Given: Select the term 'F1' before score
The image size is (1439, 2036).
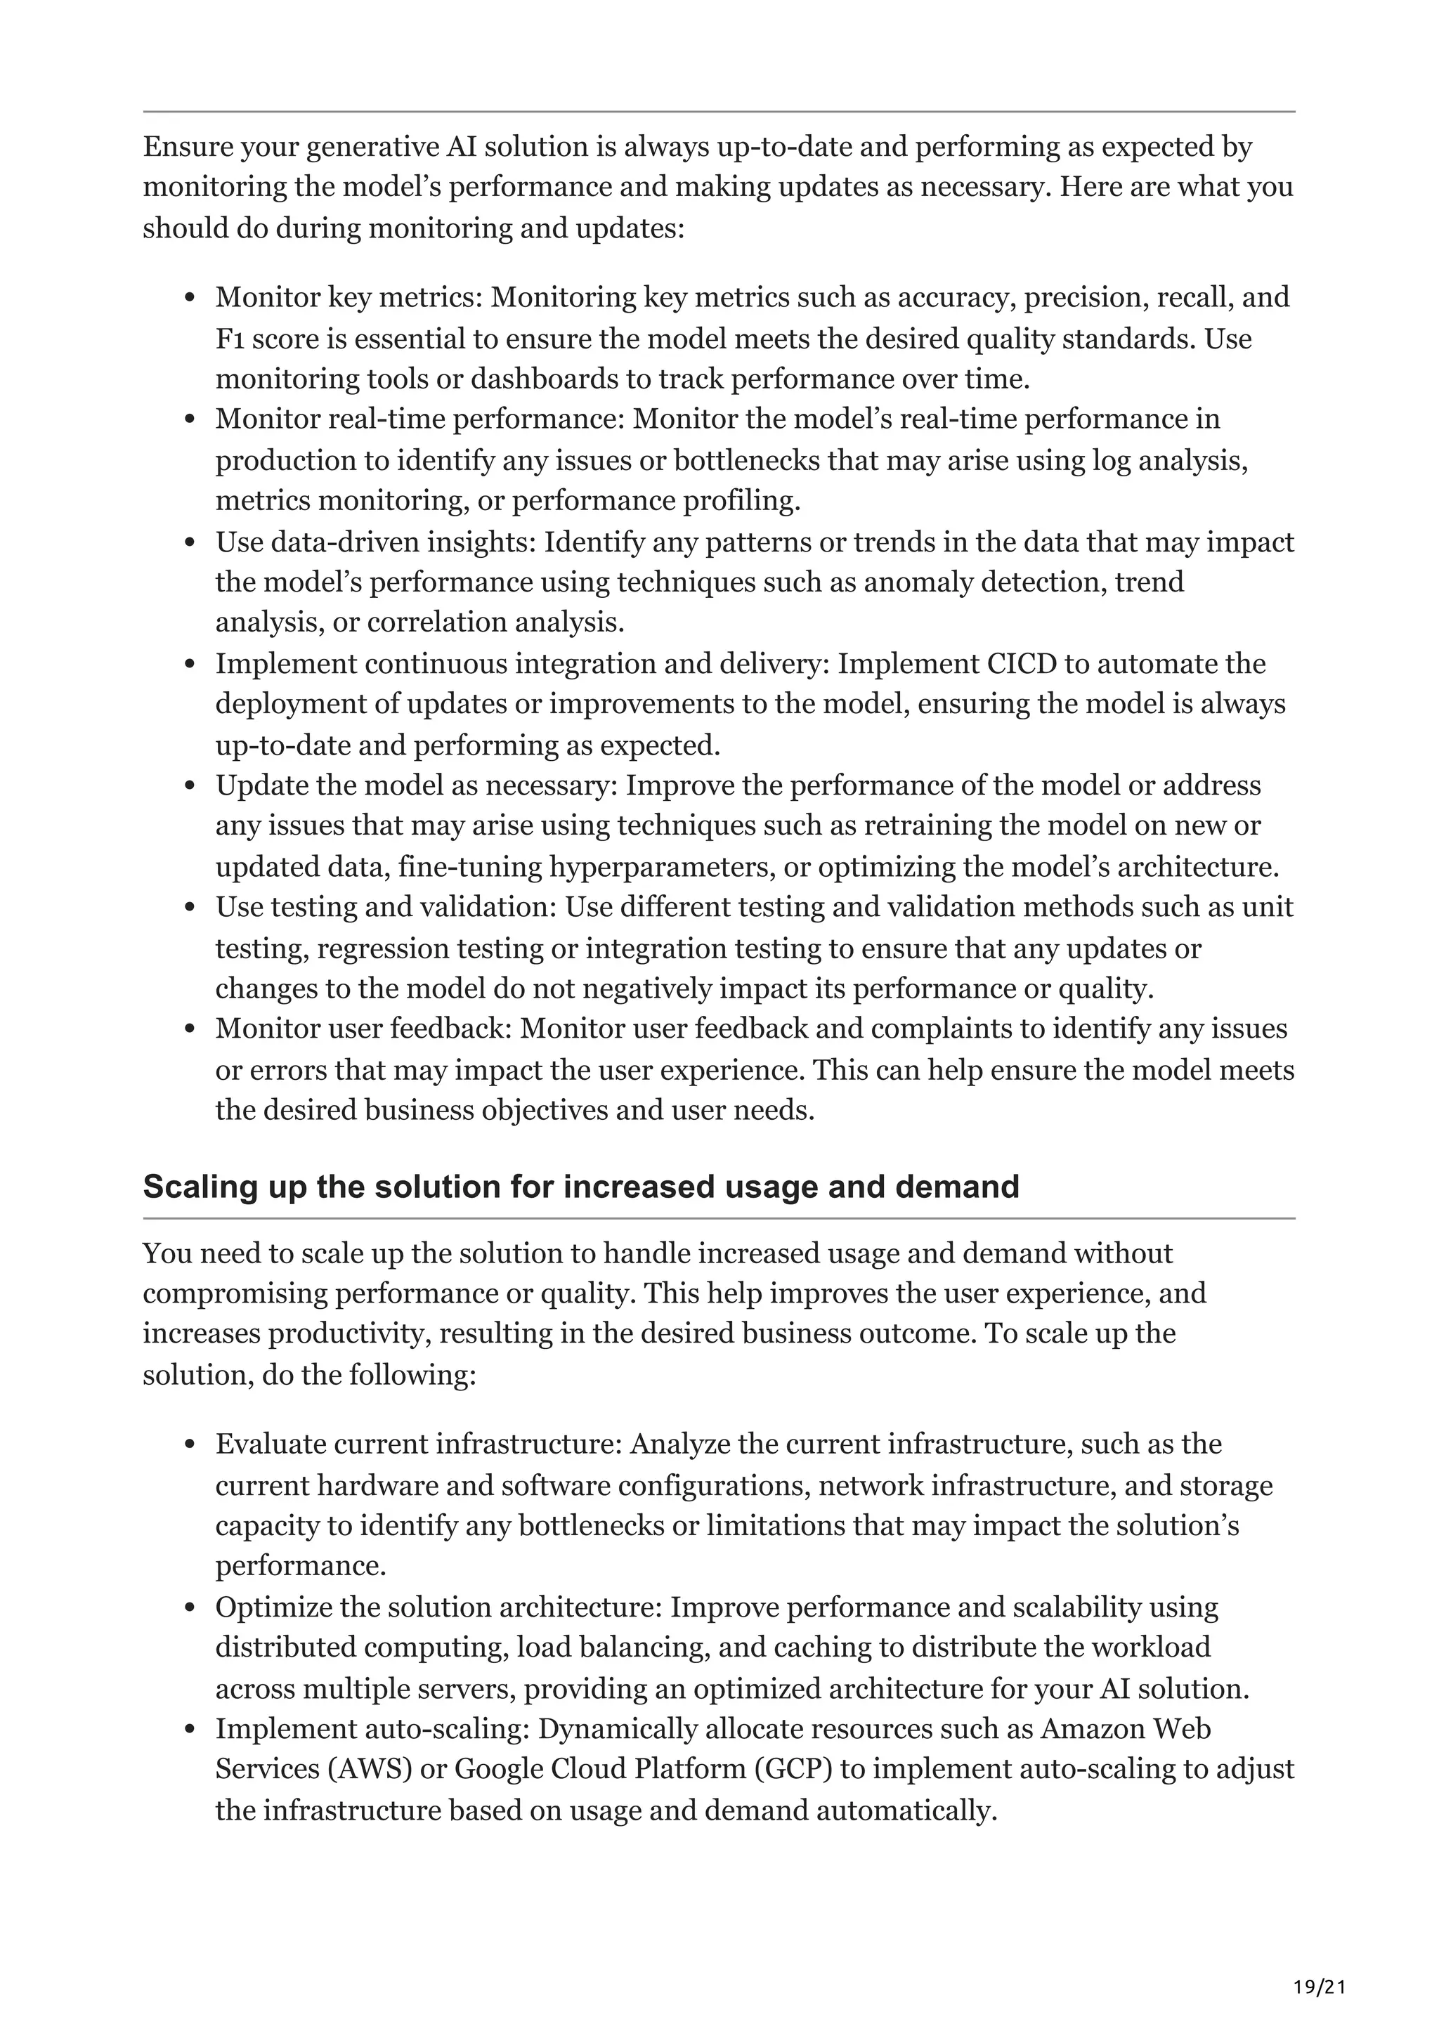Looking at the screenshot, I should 230,339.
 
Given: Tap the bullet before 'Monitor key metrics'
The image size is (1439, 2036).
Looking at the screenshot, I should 189,298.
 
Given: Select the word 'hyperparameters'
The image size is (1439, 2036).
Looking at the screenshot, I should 661,866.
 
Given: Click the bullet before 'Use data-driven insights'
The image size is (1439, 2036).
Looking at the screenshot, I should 189,542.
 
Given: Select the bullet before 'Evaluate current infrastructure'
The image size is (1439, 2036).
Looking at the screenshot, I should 189,1444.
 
